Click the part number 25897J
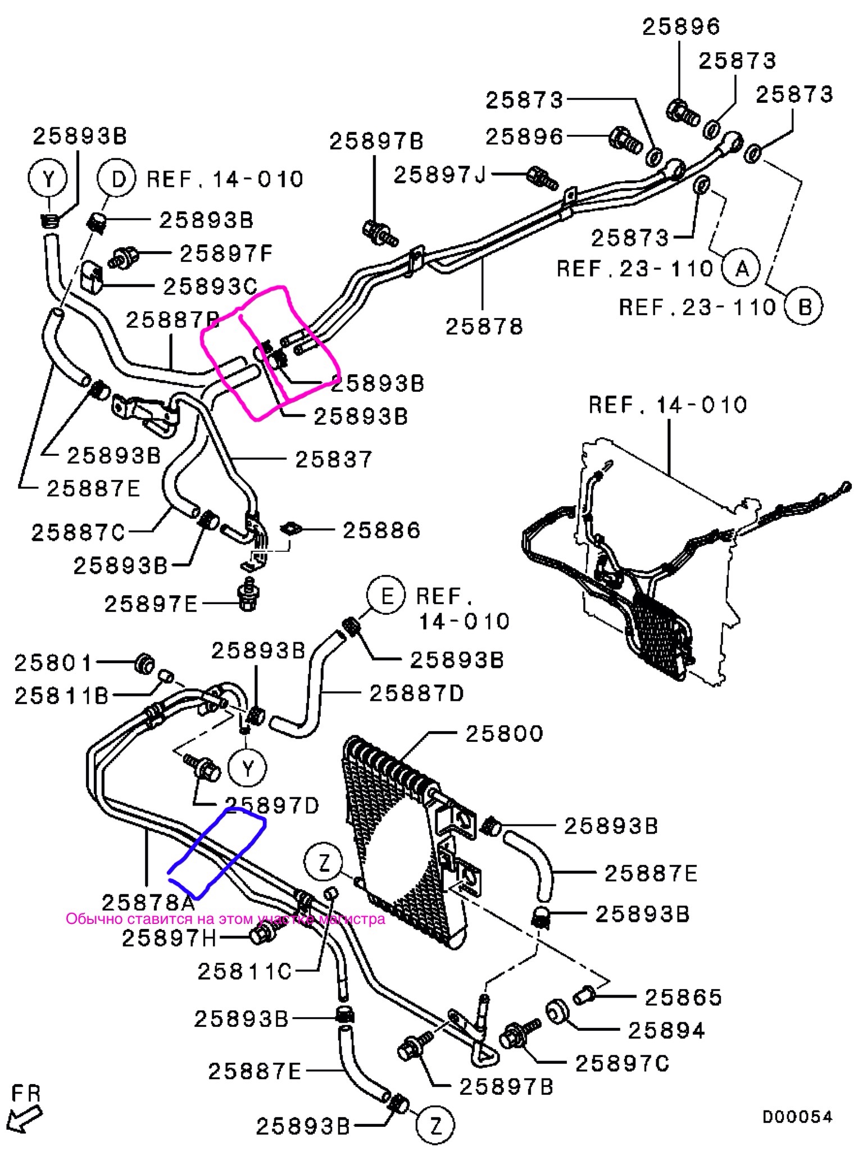[439, 175]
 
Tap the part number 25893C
[210, 287]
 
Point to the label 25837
[334, 459]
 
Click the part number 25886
[381, 530]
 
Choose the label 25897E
[151, 604]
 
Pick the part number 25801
[53, 663]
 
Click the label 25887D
[416, 694]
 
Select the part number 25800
[505, 733]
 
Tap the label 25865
[683, 998]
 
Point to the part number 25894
[666, 1031]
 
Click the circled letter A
[742, 269]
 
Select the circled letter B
[805, 307]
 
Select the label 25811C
[244, 971]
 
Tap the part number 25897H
[169, 937]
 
